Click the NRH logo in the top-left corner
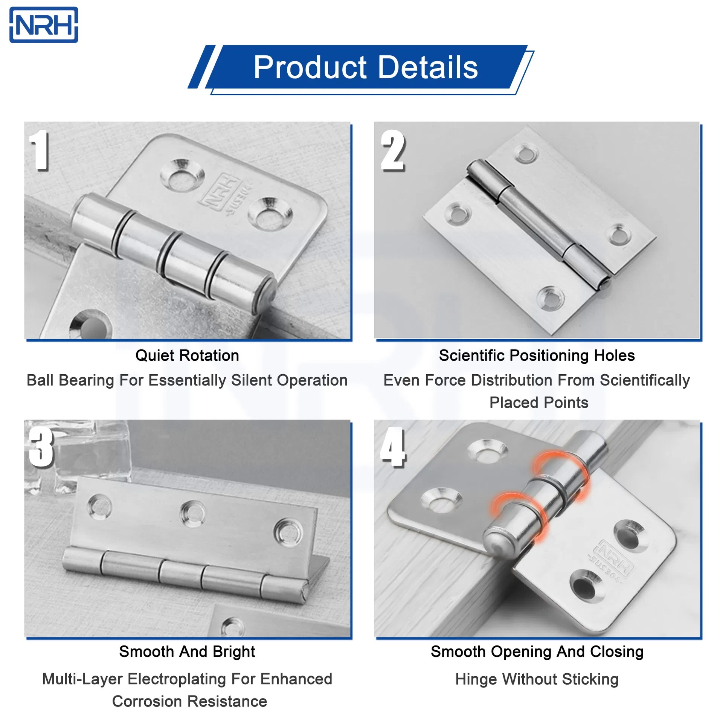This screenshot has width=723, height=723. click(x=44, y=25)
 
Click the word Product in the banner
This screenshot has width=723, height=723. click(x=310, y=67)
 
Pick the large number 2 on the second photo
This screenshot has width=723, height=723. click(x=393, y=151)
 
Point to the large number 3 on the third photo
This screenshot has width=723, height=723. click(x=41, y=448)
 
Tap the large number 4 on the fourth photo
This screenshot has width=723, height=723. click(x=393, y=448)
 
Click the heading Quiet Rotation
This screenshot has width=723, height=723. click(x=187, y=355)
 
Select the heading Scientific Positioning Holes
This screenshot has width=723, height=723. click(x=537, y=355)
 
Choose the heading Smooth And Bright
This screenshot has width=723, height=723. click(x=187, y=651)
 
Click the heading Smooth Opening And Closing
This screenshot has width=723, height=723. click(x=537, y=651)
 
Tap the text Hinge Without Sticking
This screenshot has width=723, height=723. click(x=537, y=679)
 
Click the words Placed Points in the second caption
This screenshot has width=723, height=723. click(x=538, y=403)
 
